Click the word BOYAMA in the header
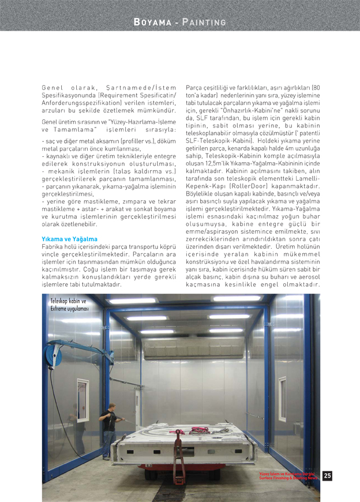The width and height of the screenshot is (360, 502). pos(152,22)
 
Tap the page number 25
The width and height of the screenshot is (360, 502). pos(327,476)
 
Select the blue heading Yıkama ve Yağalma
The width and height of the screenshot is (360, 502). pos(69,239)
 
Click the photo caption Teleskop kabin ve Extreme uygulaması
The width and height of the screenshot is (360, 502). pos(68,305)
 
